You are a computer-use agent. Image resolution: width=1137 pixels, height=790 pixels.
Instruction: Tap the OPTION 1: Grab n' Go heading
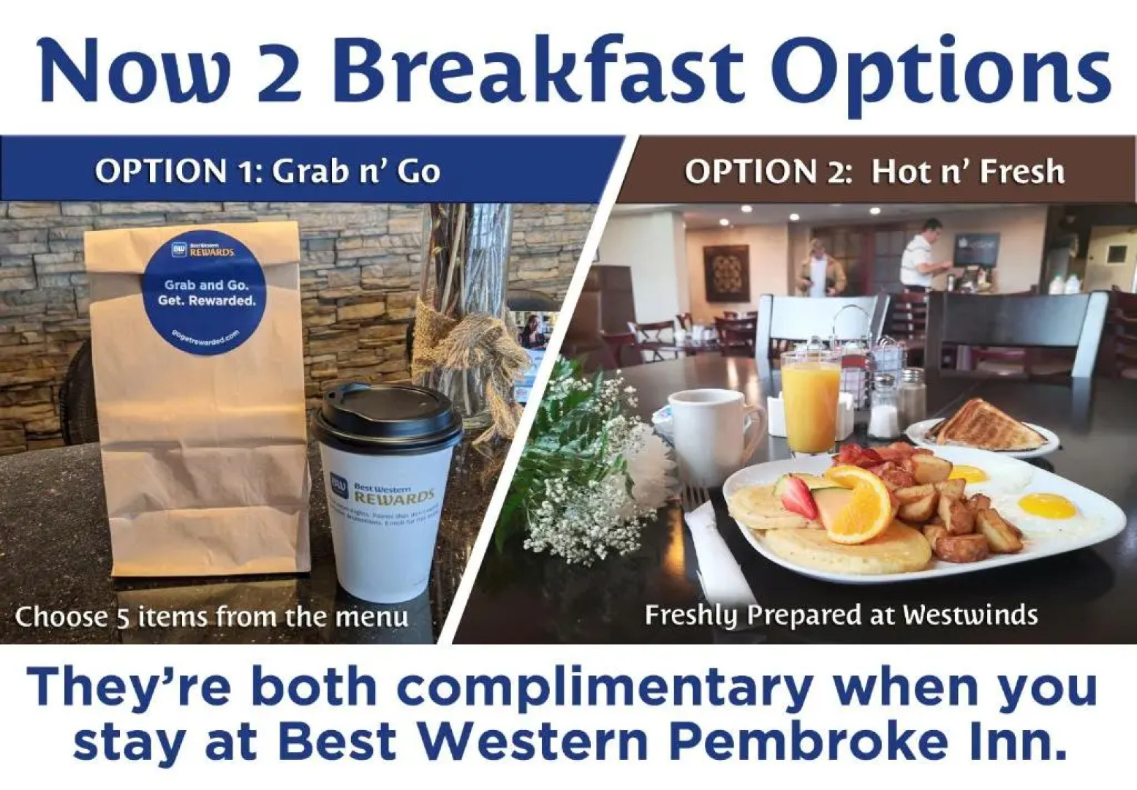[x=268, y=171]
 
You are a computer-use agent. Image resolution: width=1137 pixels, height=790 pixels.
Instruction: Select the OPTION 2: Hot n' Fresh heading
[x=874, y=171]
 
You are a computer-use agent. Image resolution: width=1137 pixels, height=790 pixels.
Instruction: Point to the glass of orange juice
[x=809, y=405]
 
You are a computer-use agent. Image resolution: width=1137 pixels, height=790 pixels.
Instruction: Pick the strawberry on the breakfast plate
[x=798, y=497]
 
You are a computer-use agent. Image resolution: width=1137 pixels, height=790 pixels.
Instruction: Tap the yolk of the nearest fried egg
[x=1046, y=504]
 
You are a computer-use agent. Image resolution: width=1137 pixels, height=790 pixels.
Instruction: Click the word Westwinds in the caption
[x=970, y=614]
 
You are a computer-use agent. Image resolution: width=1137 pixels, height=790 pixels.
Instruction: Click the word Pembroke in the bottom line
[x=804, y=741]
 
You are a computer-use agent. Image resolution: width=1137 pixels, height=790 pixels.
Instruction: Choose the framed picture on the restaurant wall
[x=726, y=272]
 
